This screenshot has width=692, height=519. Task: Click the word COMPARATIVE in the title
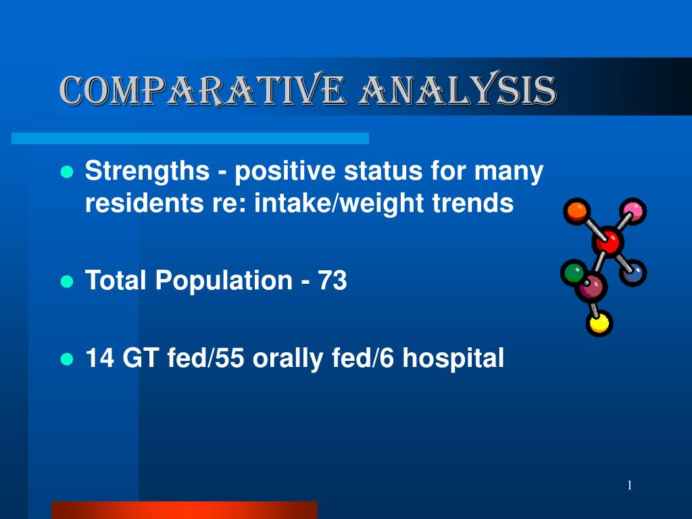tap(202, 90)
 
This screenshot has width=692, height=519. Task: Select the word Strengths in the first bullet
tap(147, 172)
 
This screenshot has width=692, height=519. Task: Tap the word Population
tap(224, 281)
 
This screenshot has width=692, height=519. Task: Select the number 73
tap(332, 280)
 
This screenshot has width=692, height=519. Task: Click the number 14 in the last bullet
tap(99, 357)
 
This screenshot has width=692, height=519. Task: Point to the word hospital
tap(453, 358)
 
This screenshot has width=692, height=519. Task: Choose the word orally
tap(287, 360)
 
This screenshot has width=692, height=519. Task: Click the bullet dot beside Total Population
tap(67, 282)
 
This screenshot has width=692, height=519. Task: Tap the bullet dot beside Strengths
tap(67, 172)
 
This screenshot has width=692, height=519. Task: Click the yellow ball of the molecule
tap(599, 323)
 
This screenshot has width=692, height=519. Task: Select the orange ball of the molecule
tap(576, 212)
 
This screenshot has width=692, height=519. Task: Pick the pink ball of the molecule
tap(633, 212)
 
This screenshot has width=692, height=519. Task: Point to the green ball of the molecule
tap(574, 272)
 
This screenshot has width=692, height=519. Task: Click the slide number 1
tap(630, 485)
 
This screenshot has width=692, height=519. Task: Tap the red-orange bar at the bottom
tap(184, 510)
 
